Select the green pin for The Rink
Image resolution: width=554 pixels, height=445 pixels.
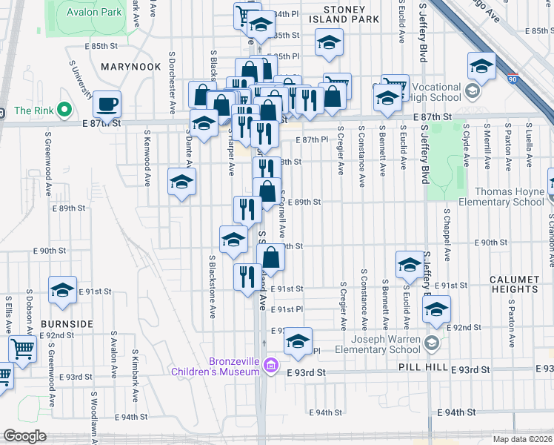coord(64,111)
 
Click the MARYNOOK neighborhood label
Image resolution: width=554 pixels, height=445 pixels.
coord(130,67)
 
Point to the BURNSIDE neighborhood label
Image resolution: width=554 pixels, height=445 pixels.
coord(67,324)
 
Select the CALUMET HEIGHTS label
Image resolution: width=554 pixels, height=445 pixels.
coord(513,285)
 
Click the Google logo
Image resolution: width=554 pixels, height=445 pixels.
coord(24,436)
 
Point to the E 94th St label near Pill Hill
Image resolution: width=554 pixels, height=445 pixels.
coord(455,412)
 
